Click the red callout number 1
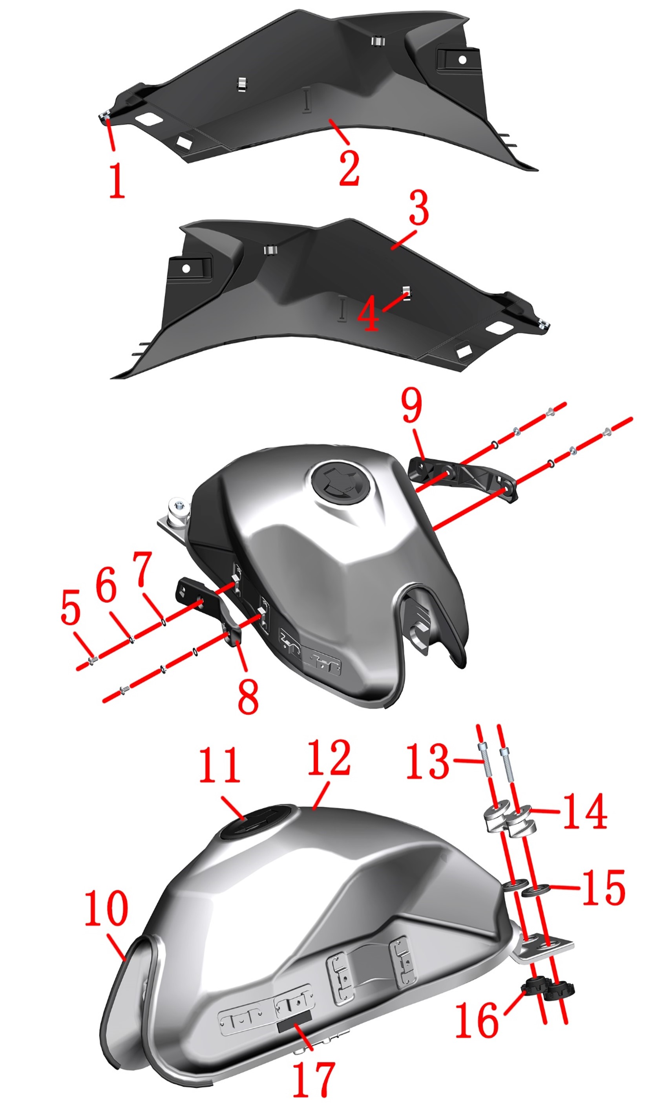tap(117, 180)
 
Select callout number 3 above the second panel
tap(419, 207)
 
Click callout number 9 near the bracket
tap(411, 405)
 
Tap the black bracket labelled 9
tap(463, 479)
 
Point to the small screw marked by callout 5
tap(91, 660)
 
